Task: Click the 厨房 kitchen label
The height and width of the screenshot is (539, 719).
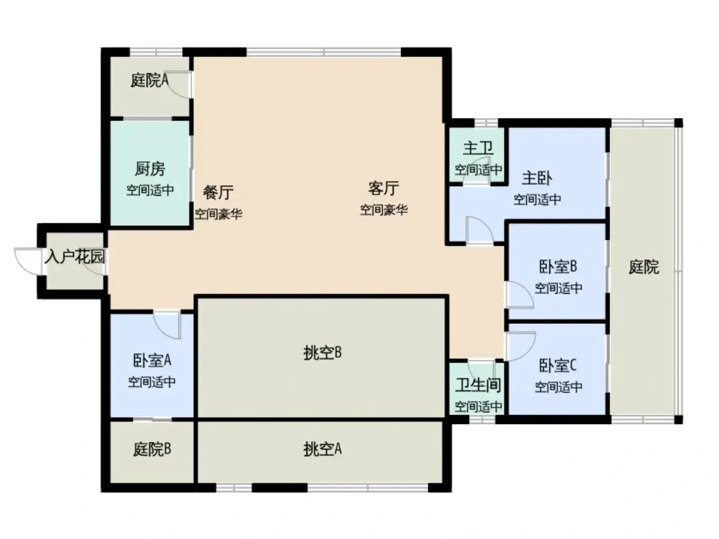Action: tap(150, 169)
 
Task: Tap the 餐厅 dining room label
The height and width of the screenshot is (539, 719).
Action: tap(218, 192)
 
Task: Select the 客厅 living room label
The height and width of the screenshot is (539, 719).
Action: tap(384, 188)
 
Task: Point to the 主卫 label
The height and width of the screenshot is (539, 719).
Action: tap(478, 148)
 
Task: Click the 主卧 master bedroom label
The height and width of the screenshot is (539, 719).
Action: tap(537, 178)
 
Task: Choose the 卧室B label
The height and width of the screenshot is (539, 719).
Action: tap(558, 267)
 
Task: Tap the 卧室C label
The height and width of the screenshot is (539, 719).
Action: tap(558, 365)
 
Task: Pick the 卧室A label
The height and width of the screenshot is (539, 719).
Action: tap(152, 360)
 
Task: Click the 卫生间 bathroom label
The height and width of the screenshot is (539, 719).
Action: tap(478, 385)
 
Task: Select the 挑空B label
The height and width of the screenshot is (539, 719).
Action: tap(323, 353)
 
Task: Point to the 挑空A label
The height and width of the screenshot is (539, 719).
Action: tap(323, 449)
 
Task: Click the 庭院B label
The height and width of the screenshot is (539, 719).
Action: tap(152, 449)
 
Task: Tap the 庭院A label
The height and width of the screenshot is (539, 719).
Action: tap(149, 80)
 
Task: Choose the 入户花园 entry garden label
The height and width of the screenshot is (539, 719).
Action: tap(74, 257)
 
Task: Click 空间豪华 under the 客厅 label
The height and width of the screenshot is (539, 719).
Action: tap(384, 209)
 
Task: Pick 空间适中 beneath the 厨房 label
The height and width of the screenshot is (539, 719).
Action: tap(150, 190)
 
